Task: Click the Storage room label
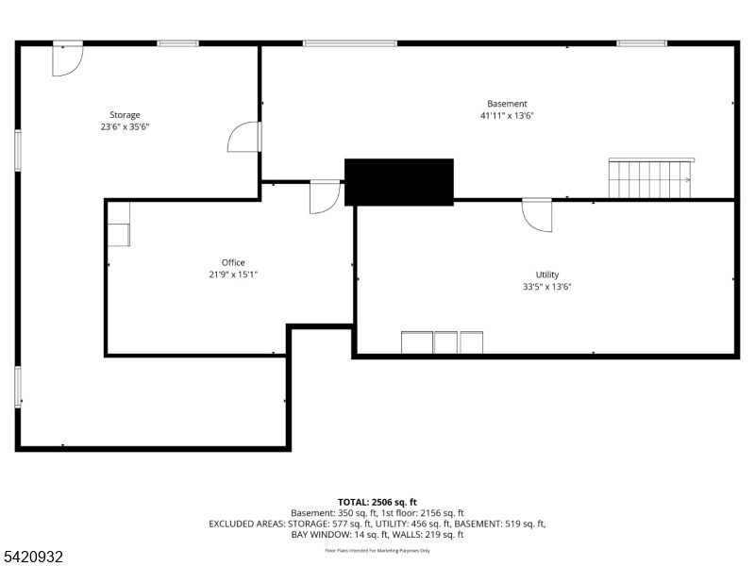tap(125, 115)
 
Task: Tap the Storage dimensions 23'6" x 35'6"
tap(125, 126)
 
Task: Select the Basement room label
tap(507, 104)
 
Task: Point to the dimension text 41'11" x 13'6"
tap(507, 116)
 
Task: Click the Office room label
tap(233, 262)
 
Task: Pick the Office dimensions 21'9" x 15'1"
tap(233, 275)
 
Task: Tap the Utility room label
tap(547, 275)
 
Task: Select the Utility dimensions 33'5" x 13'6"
tap(547, 287)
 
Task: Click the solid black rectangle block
tap(398, 182)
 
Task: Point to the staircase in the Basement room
tap(650, 178)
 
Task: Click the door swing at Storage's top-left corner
tap(67, 58)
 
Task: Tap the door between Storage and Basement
tap(244, 138)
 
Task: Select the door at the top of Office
tap(325, 196)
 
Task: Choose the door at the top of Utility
tap(538, 215)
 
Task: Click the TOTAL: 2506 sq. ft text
tap(377, 502)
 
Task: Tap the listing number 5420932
tap(33, 558)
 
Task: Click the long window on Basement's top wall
tap(349, 43)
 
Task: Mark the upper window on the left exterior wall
tap(18, 150)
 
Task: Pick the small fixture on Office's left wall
tap(119, 234)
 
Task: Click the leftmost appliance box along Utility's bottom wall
tap(416, 342)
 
